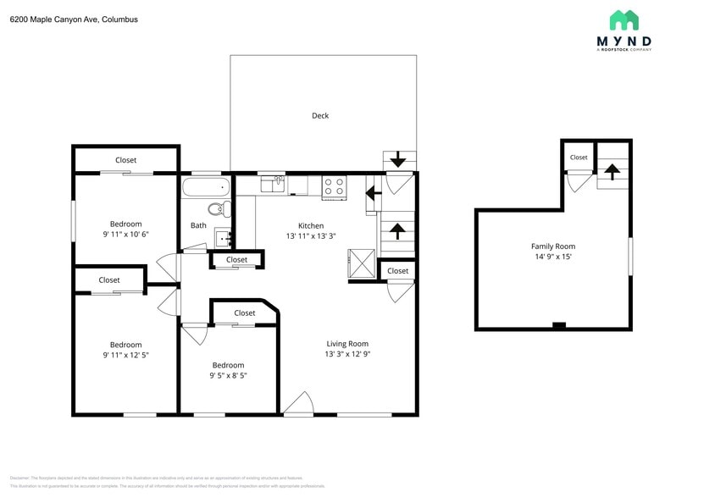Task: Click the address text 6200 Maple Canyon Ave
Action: pyautogui.click(x=74, y=19)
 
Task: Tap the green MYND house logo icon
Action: pyautogui.click(x=624, y=20)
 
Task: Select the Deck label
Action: pyautogui.click(x=319, y=116)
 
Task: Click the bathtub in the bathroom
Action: pyautogui.click(x=205, y=185)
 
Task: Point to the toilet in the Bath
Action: pyautogui.click(x=215, y=209)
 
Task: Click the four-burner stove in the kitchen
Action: pyautogui.click(x=334, y=185)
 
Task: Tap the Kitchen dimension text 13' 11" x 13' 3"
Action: pyautogui.click(x=311, y=236)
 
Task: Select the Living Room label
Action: pyautogui.click(x=347, y=344)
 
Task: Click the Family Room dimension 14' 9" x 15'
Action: pyautogui.click(x=552, y=257)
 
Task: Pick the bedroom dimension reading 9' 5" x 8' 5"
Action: pyautogui.click(x=228, y=375)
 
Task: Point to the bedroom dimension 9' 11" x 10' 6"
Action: pyautogui.click(x=125, y=234)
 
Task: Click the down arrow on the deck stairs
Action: pyautogui.click(x=398, y=161)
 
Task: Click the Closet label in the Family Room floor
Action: pyautogui.click(x=578, y=158)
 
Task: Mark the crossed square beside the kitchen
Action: pyautogui.click(x=361, y=262)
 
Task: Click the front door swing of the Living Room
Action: pyautogui.click(x=298, y=405)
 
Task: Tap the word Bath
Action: pyautogui.click(x=198, y=225)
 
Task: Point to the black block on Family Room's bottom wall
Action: pyautogui.click(x=558, y=325)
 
